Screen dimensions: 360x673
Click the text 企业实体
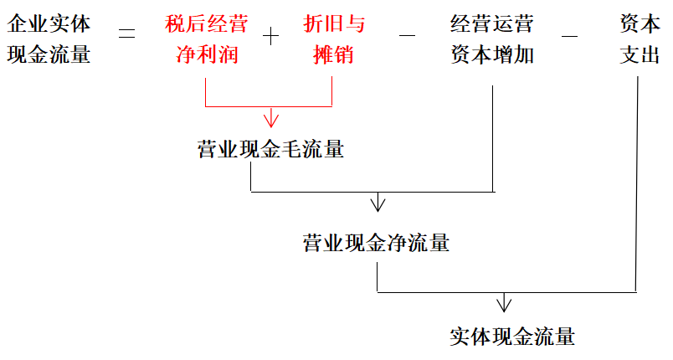tap(49, 25)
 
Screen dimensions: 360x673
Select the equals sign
tap(128, 35)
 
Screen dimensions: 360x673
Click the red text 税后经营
tap(206, 25)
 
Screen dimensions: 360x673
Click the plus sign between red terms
tap(270, 36)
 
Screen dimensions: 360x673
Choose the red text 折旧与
tap(333, 25)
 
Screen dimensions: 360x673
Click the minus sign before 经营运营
tap(408, 36)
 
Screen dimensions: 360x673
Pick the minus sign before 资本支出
tap(568, 36)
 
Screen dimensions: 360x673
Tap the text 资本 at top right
tap(640, 25)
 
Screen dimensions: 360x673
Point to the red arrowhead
tap(270, 118)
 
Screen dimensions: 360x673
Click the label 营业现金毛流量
tap(270, 151)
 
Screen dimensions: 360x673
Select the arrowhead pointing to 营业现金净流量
tap(378, 203)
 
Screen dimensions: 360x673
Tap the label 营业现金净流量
tap(376, 244)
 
